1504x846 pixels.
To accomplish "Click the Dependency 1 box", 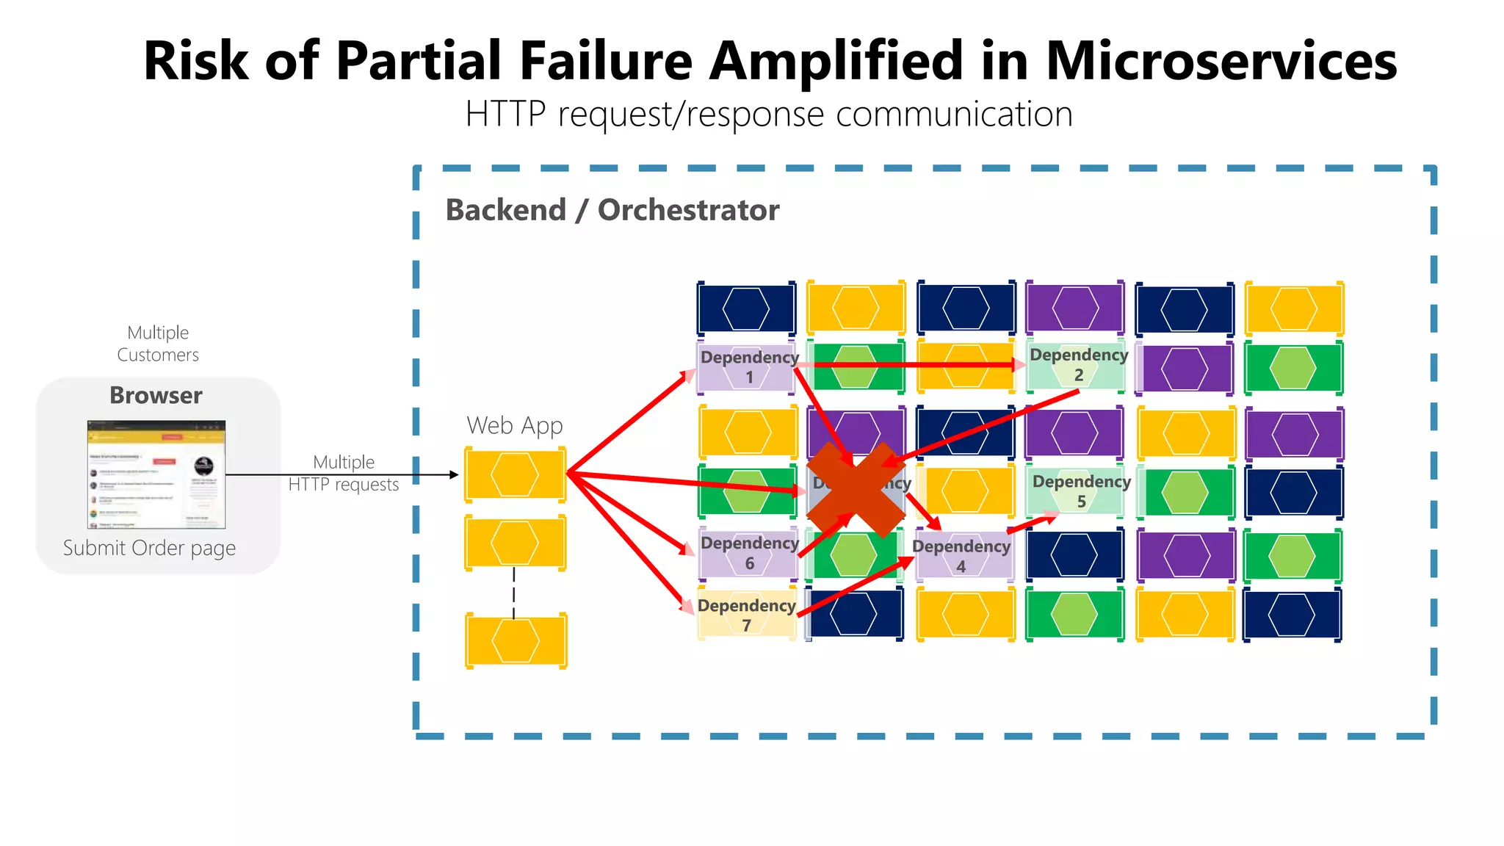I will click(746, 366).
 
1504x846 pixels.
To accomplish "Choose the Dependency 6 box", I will click(748, 553).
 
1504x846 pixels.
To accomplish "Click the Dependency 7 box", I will click(746, 615).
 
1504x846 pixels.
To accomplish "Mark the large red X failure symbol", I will click(856, 489).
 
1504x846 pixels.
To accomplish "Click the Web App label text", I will click(514, 425).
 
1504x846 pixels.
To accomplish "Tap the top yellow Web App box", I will click(515, 474).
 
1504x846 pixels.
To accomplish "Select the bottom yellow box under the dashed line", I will click(516, 640).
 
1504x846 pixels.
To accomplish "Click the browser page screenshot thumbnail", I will click(156, 474).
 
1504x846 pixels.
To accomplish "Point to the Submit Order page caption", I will click(149, 548).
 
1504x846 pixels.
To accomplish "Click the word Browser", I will click(156, 395).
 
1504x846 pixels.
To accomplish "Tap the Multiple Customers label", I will click(158, 344).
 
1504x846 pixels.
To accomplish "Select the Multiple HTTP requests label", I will click(344, 473).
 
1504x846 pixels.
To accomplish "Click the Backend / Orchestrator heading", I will click(612, 210).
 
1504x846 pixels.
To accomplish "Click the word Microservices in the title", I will click(1221, 60).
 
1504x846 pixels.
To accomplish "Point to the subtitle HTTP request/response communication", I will click(769, 115).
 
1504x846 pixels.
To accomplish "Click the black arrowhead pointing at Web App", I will click(454, 475).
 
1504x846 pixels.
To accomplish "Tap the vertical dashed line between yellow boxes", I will click(513, 592).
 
